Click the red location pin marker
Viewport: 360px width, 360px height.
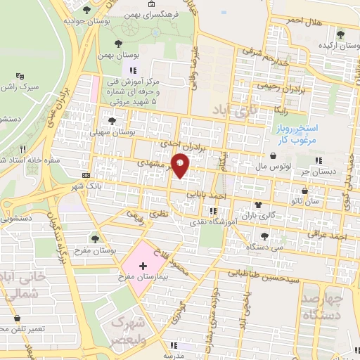(180, 165)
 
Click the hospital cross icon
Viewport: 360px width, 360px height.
(143, 266)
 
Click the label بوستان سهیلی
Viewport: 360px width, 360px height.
(112, 131)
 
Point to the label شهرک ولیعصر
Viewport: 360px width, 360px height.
(129, 330)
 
